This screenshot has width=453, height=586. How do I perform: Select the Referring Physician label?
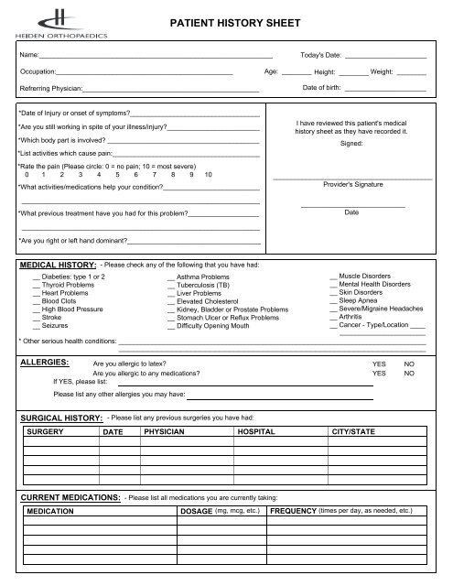click(x=50, y=89)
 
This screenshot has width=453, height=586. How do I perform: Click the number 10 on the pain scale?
click(x=209, y=174)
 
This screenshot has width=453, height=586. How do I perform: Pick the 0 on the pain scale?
click(x=28, y=174)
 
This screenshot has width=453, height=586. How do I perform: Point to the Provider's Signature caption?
click(x=351, y=184)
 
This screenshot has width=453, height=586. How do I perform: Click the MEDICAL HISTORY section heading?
click(x=58, y=264)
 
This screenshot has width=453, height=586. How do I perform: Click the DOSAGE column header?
click(x=197, y=511)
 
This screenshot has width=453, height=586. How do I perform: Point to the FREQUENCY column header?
click(x=293, y=511)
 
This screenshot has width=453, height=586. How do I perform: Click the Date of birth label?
click(x=323, y=88)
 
